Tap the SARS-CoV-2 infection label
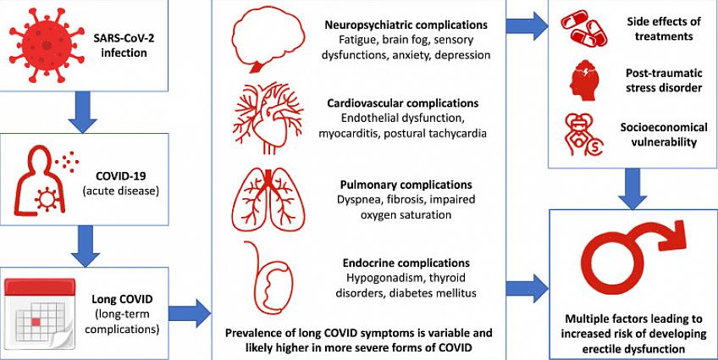124,45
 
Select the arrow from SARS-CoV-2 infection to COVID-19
80,112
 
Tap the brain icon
268,39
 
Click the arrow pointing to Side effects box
529,23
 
